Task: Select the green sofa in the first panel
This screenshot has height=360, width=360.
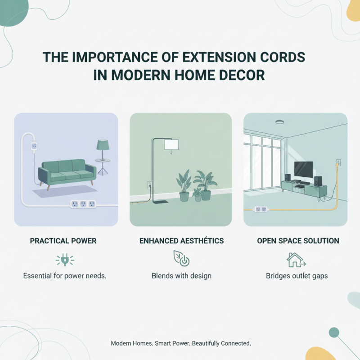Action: click(67, 170)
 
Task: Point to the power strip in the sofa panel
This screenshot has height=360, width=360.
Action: click(84, 204)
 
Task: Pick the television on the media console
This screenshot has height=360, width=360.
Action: click(303, 169)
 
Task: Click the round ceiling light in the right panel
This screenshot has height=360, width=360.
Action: click(280, 121)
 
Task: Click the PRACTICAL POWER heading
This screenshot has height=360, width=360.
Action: click(63, 241)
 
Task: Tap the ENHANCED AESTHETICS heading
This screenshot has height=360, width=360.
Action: click(182, 241)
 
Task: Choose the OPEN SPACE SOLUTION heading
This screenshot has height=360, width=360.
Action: click(298, 241)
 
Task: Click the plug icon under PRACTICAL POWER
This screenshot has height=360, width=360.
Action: click(64, 260)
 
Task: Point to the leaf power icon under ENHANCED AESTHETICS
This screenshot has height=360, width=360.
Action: click(181, 259)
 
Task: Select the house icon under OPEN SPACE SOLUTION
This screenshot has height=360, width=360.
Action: click(296, 260)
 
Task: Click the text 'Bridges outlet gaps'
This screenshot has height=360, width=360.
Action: click(297, 275)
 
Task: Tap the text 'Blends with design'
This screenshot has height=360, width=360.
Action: click(182, 275)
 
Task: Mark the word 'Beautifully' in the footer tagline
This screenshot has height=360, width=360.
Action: click(211, 343)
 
